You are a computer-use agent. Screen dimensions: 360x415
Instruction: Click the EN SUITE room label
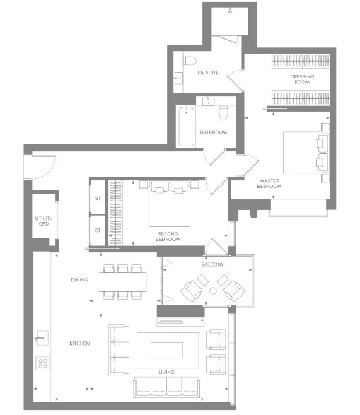pos(208,73)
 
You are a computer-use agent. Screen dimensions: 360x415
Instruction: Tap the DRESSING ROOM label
pos(302,79)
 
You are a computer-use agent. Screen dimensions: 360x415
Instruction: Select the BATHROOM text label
pos(214,132)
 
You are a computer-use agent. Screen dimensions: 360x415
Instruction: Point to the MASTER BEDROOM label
pos(269,183)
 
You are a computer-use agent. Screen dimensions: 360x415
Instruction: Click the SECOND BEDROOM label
pos(168,236)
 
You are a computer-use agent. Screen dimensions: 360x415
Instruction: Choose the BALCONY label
pos(212,264)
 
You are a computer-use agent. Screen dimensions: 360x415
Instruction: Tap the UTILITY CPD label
pos(44,221)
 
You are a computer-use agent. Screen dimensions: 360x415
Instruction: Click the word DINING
pos(79,280)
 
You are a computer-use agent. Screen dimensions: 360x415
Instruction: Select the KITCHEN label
pos(80,344)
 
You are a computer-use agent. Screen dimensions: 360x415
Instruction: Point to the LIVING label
pos(166,372)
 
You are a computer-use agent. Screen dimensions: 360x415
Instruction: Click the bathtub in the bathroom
pos(186,127)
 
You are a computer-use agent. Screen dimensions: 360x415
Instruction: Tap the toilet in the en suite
pos(190,61)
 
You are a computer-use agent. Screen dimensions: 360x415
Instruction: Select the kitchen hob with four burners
pos(42,363)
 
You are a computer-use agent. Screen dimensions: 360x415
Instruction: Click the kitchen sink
pos(42,338)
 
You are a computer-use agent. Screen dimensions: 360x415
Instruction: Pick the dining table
pos(122,282)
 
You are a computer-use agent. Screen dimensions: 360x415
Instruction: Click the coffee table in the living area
pos(167,350)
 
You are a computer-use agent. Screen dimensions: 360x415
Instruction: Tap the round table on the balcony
pos(213,291)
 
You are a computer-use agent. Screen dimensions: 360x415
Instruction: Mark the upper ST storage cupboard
pos(98,197)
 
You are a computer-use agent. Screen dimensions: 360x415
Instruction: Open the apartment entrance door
pos(40,167)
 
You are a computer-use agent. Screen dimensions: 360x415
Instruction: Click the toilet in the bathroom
pos(223,112)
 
